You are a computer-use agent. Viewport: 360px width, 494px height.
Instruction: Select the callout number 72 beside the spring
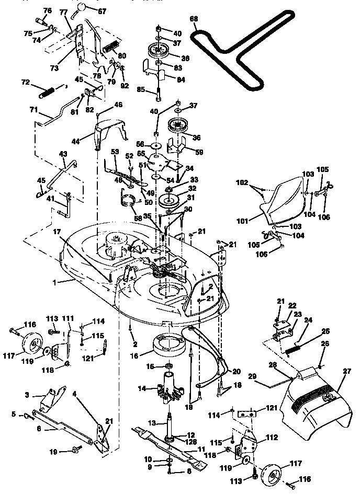(25, 83)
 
